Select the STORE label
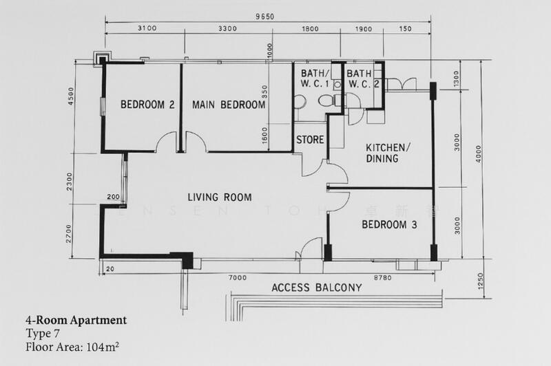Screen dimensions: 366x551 point(310,140)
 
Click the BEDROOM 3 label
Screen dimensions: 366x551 point(390,224)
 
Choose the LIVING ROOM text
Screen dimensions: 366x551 point(220,197)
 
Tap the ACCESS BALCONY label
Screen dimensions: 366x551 point(316,288)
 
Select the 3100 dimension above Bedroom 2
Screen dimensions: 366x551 point(147,30)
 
